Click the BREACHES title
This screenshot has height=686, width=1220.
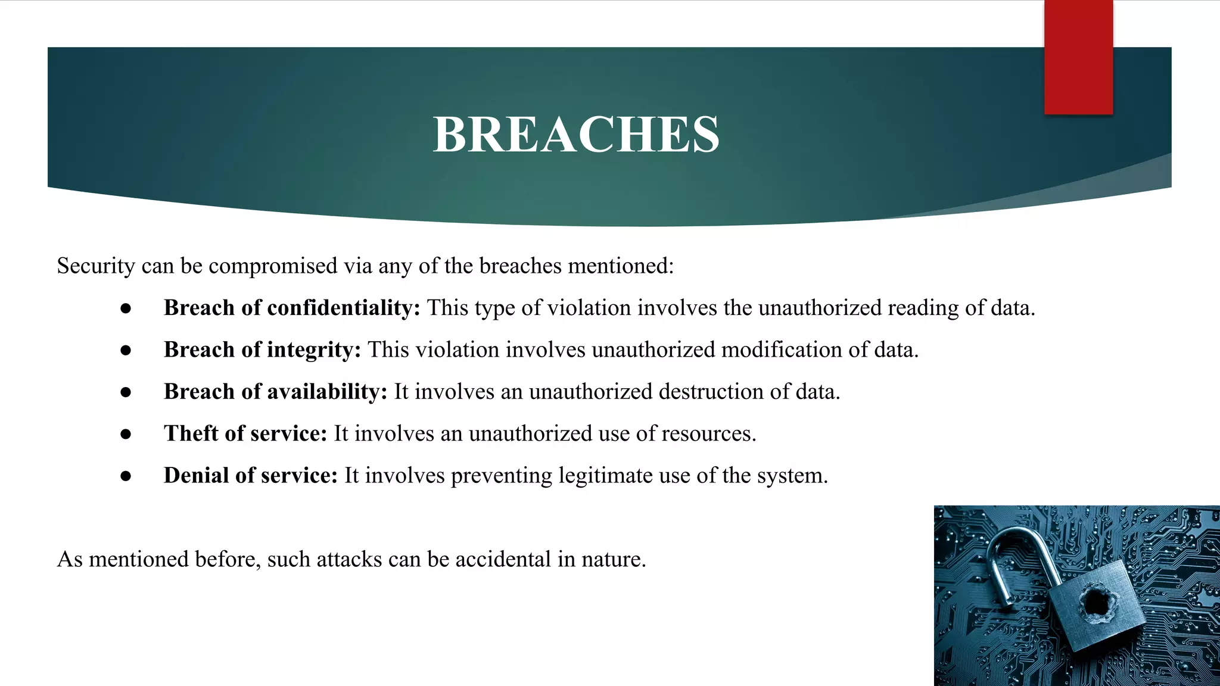[x=576, y=135]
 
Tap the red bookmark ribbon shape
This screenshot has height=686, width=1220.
[x=1078, y=57]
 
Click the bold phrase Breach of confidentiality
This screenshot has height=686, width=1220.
[x=292, y=308]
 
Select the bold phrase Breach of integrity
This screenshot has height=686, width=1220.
[x=262, y=350]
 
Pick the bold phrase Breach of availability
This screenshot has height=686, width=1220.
[x=275, y=392]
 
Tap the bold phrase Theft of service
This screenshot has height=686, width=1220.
[x=245, y=434]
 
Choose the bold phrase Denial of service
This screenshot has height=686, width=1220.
[x=250, y=476]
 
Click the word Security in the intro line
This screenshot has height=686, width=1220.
[x=96, y=266]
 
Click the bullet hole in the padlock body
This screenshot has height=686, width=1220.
[x=1098, y=603]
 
